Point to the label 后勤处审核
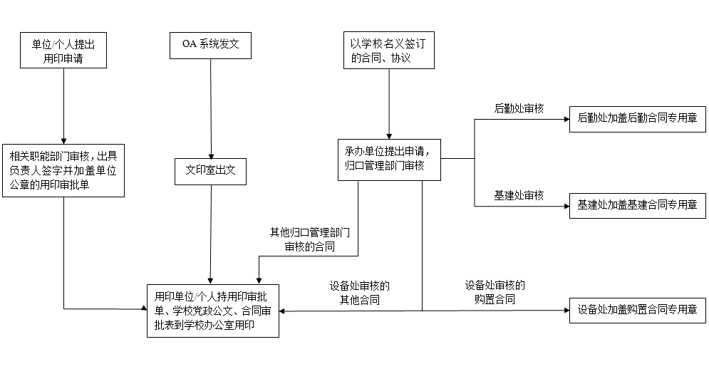point(519,108)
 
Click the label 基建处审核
point(519,195)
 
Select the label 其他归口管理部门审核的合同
point(310,239)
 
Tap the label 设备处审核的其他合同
point(359,293)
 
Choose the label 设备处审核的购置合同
point(495,293)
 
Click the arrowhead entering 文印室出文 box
point(211,157)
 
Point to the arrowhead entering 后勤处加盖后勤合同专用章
point(566,120)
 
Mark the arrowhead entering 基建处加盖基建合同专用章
point(566,206)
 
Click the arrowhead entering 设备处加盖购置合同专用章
point(566,311)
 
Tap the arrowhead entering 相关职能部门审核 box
point(63,142)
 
